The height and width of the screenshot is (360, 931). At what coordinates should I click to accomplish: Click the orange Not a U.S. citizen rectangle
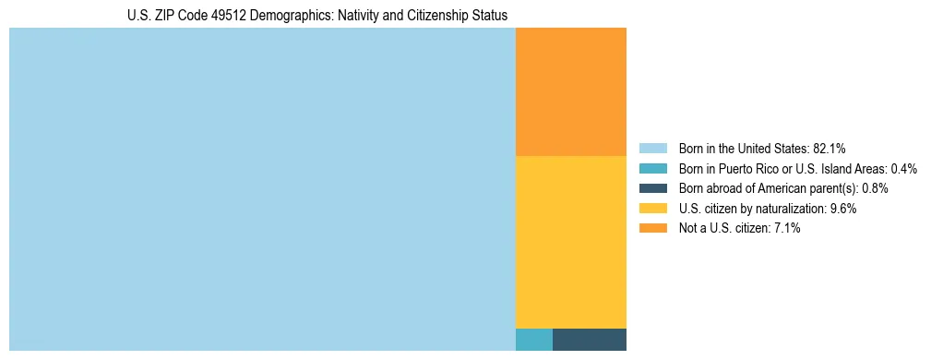(570, 91)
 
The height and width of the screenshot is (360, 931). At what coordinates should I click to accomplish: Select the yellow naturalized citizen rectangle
(570, 242)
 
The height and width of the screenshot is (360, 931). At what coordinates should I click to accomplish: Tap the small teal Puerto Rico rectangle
(533, 340)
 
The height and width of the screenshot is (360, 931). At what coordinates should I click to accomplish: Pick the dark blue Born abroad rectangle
(589, 340)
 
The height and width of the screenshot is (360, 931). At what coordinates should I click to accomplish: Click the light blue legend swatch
(652, 149)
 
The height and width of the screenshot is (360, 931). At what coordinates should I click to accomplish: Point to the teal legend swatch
(652, 169)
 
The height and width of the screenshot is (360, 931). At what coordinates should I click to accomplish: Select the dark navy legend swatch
(652, 188)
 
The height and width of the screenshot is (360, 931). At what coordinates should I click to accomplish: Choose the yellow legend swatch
(652, 209)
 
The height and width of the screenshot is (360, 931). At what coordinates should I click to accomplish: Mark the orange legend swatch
(652, 228)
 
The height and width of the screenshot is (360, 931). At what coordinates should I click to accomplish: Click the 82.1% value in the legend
(829, 149)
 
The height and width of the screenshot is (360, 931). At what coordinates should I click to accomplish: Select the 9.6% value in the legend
(843, 209)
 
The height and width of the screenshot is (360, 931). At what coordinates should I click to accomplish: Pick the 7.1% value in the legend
(787, 228)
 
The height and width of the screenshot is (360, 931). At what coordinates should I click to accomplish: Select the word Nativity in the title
(346, 16)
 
